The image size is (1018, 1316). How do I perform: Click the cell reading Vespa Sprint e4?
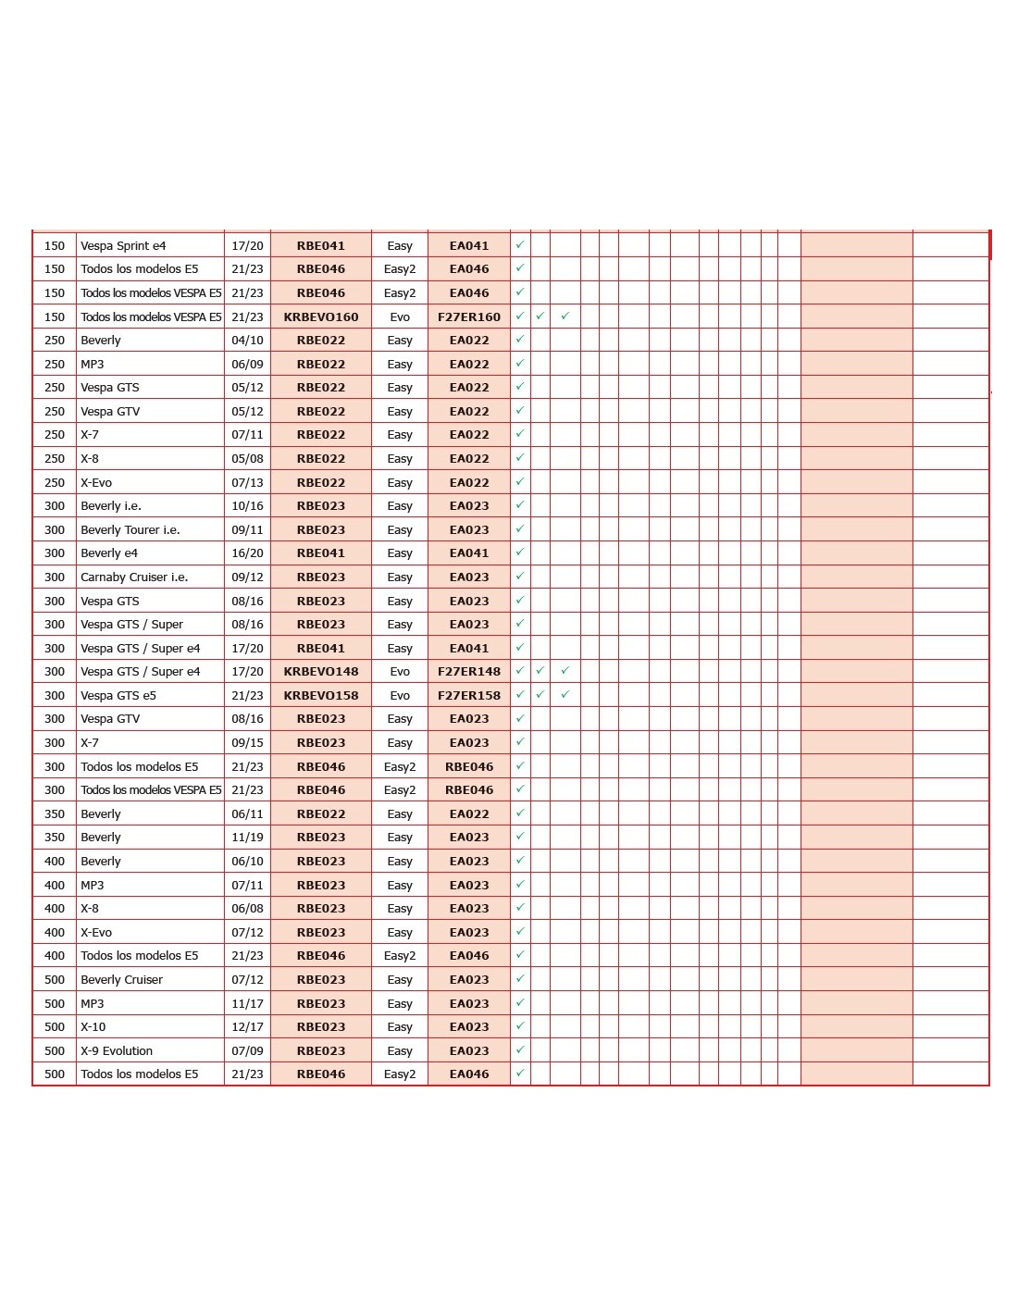click(123, 246)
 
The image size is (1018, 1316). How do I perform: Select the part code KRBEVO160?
click(320, 317)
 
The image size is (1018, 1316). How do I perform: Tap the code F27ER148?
click(468, 672)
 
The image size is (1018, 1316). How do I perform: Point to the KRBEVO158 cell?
click(320, 696)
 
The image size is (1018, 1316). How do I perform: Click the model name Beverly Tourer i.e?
click(130, 530)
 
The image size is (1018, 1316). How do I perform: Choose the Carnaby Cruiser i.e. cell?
click(133, 577)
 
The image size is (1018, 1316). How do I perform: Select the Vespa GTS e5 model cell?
click(118, 696)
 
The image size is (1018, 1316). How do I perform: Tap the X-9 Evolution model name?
click(116, 1051)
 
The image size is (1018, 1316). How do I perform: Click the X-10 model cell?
click(93, 1027)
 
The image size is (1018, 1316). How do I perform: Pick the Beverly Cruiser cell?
click(121, 980)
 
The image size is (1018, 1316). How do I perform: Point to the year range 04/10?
click(247, 341)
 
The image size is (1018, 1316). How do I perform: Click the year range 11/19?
click(247, 838)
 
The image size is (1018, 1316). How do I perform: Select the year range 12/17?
click(247, 1027)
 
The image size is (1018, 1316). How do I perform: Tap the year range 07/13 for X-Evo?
click(247, 483)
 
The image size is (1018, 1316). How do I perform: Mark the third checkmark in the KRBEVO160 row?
click(565, 317)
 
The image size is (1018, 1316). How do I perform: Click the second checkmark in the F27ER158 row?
click(540, 695)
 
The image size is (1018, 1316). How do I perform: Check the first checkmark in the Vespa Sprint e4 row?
click(520, 245)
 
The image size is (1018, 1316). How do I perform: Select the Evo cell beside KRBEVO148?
click(400, 672)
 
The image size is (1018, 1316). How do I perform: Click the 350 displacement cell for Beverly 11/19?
click(55, 838)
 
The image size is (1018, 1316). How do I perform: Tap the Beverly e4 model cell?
click(108, 553)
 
